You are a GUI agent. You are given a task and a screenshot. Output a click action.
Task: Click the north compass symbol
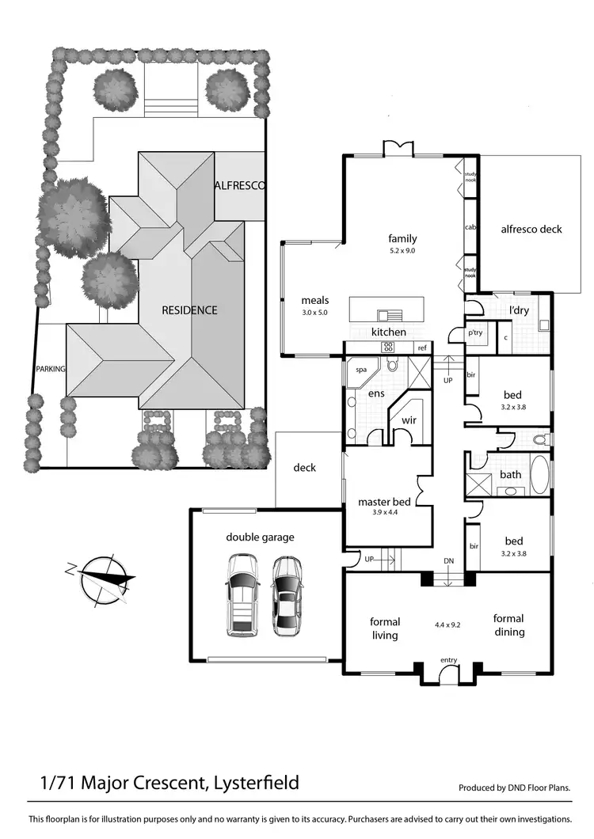click(101, 576)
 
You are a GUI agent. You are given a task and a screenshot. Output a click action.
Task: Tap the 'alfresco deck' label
click(531, 230)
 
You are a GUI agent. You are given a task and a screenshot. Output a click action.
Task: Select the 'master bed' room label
click(384, 502)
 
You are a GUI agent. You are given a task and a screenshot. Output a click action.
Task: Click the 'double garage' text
click(260, 537)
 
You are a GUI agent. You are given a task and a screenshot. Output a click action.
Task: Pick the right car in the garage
click(287, 595)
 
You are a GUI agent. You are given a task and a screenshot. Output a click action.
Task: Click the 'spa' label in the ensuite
click(360, 370)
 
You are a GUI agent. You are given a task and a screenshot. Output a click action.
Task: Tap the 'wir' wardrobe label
click(409, 420)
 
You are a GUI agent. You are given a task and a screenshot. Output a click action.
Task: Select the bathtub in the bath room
click(539, 474)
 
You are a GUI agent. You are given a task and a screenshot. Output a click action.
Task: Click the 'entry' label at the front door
click(449, 660)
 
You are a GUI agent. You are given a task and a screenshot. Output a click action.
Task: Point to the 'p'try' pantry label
click(475, 333)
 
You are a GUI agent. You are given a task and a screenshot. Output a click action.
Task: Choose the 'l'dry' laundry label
click(519, 310)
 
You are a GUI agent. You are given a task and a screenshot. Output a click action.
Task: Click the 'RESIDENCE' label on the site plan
click(189, 310)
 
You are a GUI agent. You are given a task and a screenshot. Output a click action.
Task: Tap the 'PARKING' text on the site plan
click(49, 369)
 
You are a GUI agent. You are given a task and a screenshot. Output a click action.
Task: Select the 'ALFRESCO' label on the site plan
click(239, 185)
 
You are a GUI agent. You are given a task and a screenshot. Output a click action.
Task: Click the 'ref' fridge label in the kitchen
click(422, 348)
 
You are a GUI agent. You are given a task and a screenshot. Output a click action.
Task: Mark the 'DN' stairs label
click(449, 561)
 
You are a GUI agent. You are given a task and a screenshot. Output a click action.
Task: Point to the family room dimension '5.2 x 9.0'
click(402, 251)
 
